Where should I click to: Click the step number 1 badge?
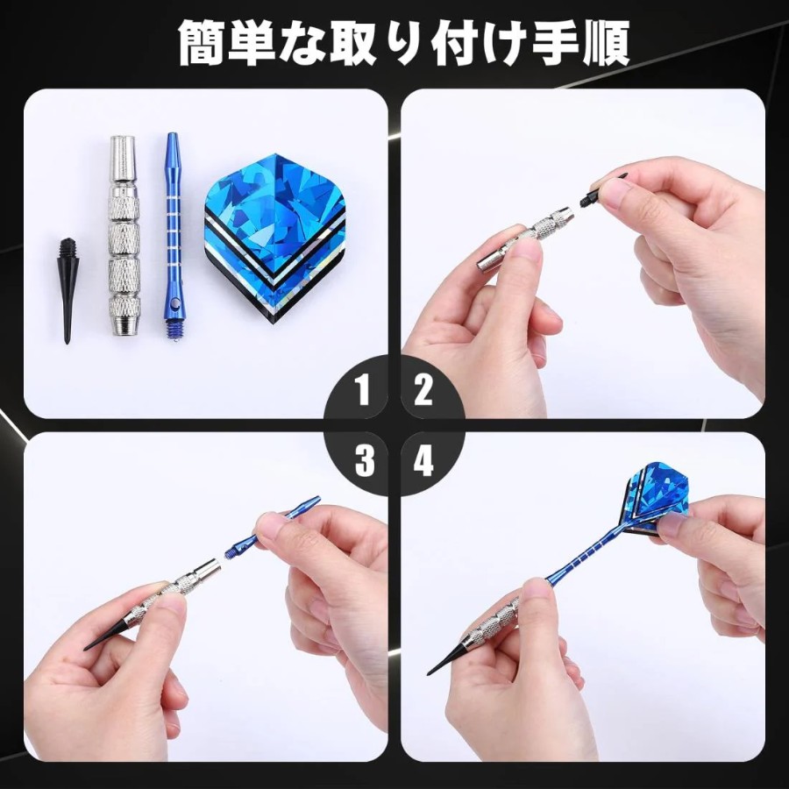362,390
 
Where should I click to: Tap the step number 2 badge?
423,390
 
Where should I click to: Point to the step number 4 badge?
423,460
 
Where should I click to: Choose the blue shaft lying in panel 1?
173,234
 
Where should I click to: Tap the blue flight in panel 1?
274,238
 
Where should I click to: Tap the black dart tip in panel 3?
108,633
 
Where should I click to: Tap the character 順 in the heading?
606,42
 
